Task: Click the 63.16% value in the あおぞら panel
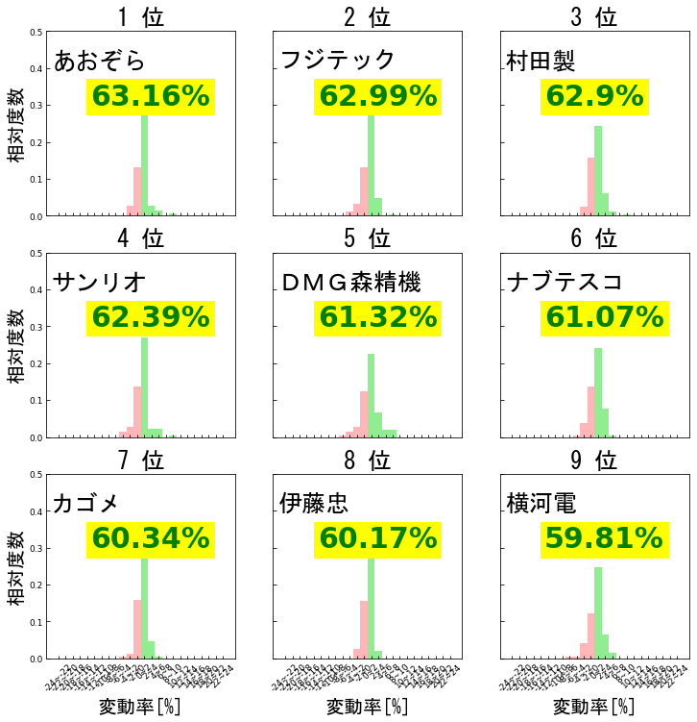[x=151, y=96]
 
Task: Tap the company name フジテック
[x=338, y=60]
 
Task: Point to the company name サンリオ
[x=100, y=282]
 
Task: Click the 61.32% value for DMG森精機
[x=377, y=317]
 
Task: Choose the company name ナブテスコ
[x=565, y=282]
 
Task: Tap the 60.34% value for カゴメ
[x=151, y=539]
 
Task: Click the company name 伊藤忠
[x=314, y=504]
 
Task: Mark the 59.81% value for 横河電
[x=604, y=539]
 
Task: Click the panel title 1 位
[x=142, y=16]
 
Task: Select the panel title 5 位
[x=369, y=237]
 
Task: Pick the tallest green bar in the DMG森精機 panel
[x=371, y=395]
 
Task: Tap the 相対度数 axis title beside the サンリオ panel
[x=17, y=345]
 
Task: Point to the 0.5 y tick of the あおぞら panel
[x=36, y=32]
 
